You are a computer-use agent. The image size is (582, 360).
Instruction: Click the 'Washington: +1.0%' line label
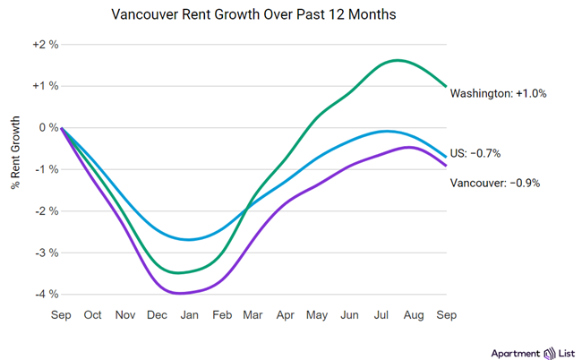[x=498, y=93]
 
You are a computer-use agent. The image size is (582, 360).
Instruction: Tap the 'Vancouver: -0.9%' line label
[x=495, y=183]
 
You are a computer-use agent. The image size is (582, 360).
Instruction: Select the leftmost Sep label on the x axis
[x=61, y=315]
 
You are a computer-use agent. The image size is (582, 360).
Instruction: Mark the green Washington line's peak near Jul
[x=396, y=60]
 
